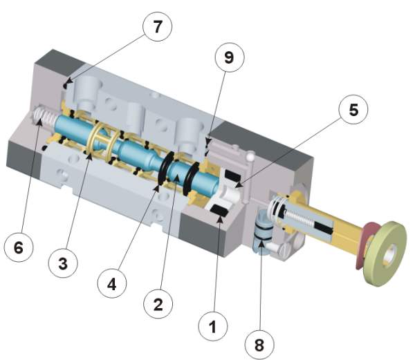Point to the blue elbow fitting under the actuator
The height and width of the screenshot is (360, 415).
click(262, 238)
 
